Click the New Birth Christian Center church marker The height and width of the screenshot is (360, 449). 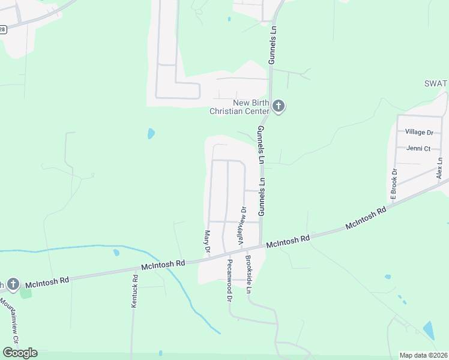coord(278,106)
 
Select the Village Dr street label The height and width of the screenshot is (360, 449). coord(419,132)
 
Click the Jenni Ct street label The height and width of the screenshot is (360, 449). coord(418,148)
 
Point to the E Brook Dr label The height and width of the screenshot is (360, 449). coord(394,184)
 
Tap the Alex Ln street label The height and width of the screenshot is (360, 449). coord(440,168)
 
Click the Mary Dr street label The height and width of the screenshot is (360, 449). coord(208,241)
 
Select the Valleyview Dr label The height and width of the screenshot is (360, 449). coord(243,225)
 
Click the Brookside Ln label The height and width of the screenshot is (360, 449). coord(249,275)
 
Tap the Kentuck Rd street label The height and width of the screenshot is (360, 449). coord(134,292)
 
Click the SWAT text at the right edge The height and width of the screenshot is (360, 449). coord(436,83)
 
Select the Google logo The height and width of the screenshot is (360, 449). coord(20,353)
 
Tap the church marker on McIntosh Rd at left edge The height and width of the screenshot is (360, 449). coord(13,284)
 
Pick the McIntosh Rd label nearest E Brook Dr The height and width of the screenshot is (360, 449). coord(366,219)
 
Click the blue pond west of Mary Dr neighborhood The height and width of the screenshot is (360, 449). coord(151,133)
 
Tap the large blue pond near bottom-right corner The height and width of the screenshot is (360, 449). coord(429,330)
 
